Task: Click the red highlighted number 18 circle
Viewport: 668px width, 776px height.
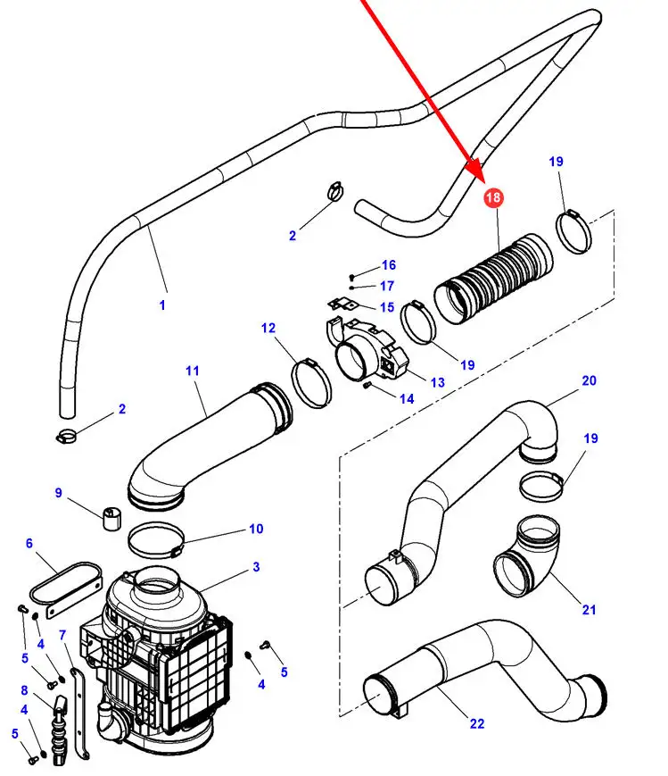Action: coord(493,197)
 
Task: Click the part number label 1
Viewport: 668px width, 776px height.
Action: coord(162,305)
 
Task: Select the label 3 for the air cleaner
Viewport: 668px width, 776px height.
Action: coord(256,567)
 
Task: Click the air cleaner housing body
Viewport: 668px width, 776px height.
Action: coord(161,661)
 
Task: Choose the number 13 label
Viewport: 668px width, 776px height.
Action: coord(437,382)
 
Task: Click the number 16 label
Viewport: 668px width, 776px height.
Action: coord(388,265)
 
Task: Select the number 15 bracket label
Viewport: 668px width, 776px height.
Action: coord(386,307)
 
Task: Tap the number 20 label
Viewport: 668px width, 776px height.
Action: coord(589,380)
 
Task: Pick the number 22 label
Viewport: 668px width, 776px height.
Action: coord(476,723)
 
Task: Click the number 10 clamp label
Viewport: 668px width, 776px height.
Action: coord(256,530)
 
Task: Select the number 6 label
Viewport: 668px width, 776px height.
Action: coord(29,544)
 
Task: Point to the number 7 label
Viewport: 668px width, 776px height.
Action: coord(62,635)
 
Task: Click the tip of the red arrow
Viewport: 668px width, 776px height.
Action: coord(479,175)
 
